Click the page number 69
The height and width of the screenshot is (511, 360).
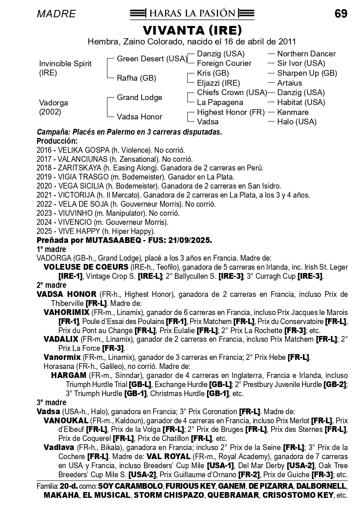(341, 14)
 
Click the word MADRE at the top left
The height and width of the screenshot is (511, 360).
(56, 14)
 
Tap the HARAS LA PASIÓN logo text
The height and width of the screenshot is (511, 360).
(192, 14)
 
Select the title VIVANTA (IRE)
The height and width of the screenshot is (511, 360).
(192, 30)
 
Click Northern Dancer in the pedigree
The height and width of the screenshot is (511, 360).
(306, 54)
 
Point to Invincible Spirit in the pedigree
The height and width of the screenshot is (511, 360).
(65, 64)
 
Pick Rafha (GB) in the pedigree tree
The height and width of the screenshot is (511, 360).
(136, 78)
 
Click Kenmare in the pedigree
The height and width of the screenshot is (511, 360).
(293, 112)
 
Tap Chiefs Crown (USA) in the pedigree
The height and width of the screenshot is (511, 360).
(232, 93)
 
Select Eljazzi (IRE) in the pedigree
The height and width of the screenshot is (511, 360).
(218, 83)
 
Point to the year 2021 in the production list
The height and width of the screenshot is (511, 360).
(44, 195)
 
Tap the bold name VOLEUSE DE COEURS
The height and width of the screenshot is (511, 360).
(86, 267)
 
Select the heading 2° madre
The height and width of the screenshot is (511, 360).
(51, 285)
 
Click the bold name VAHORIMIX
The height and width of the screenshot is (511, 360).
(66, 313)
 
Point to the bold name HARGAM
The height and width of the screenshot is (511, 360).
(69, 376)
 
